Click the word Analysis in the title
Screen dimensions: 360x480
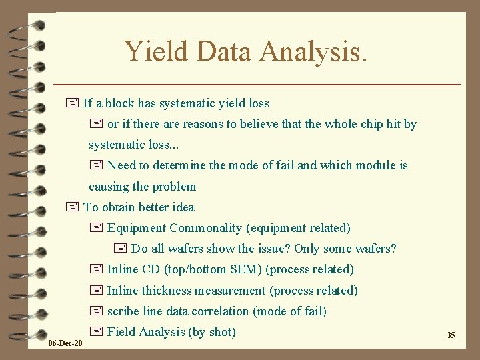310,52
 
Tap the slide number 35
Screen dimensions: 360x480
451,335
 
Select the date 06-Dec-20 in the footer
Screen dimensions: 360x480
65,343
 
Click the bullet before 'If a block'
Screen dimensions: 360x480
73,103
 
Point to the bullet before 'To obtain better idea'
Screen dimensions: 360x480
73,207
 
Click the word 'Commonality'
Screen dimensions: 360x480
206,228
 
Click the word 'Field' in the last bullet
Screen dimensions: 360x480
121,332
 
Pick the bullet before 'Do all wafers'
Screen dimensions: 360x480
121,249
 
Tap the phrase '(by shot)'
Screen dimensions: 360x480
213,332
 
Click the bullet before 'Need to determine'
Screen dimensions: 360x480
96,165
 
